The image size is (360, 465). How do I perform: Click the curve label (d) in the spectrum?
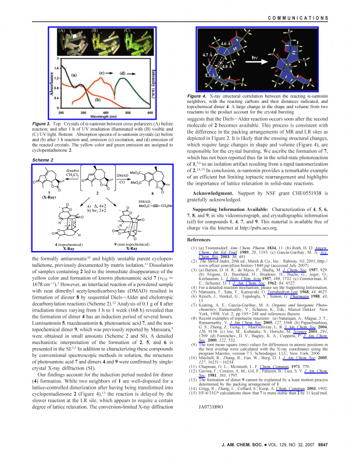pyautogui.click(x=123, y=73)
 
